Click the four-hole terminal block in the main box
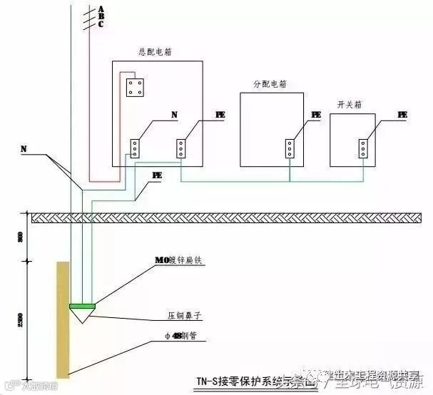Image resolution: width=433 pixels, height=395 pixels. tap(134, 88)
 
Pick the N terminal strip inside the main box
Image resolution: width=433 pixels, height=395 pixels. tap(134, 148)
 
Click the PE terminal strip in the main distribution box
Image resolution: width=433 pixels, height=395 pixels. tap(180, 148)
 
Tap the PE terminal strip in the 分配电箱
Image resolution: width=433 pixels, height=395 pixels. tap(289, 148)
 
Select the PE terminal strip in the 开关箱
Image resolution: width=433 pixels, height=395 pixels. tap(364, 148)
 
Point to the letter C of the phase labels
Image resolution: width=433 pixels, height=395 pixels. tap(101, 24)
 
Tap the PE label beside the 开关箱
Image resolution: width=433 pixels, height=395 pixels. tap(402, 115)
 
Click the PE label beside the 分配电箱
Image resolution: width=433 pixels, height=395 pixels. tap(316, 115)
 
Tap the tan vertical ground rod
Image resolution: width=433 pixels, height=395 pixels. tap(63, 328)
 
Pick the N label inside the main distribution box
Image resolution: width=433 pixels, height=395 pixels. tap(175, 115)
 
